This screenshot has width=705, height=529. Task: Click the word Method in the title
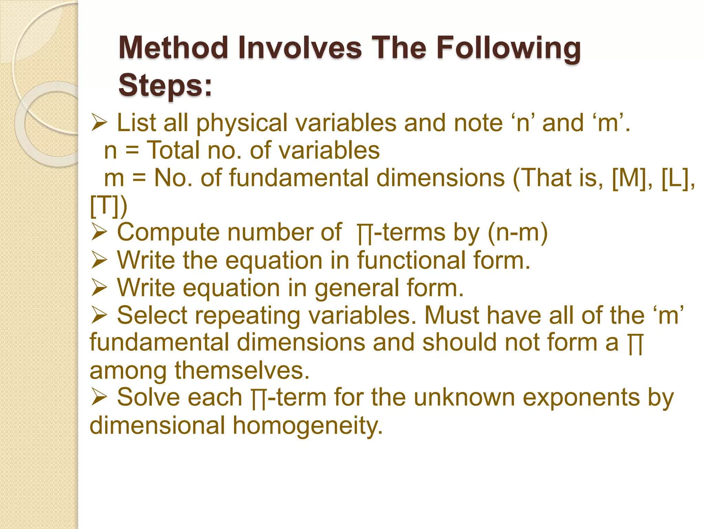tap(173, 48)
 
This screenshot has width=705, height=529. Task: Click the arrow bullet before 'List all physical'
tap(99, 123)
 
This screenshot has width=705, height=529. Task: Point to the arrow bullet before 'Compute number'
tap(99, 233)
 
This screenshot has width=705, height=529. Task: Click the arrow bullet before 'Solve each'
tap(99, 398)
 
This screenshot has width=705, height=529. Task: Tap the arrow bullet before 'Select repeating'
tap(99, 315)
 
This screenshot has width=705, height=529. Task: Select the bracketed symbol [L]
tap(675, 178)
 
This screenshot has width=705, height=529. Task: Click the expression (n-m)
tap(518, 233)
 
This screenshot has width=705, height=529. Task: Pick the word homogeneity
tap(307, 426)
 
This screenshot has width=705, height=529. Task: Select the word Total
tap(173, 151)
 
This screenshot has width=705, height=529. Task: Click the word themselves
tap(242, 371)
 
